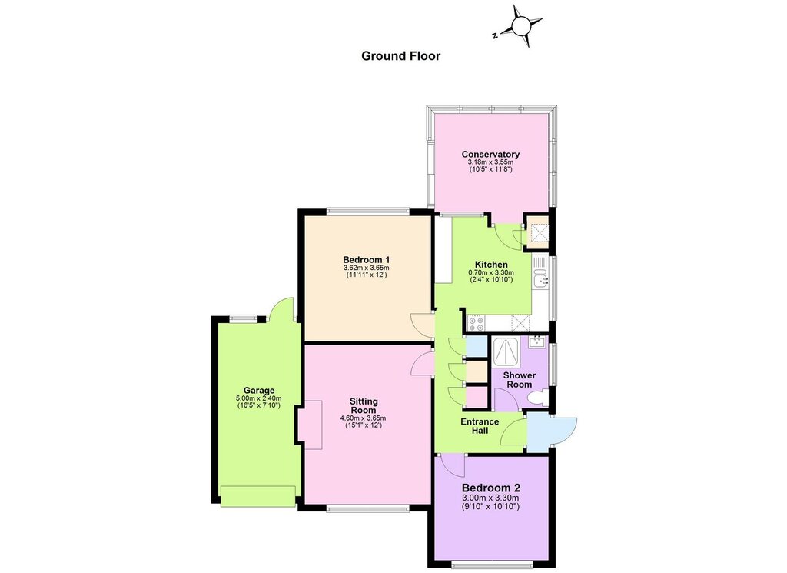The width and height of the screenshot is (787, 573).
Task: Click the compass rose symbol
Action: pos(520,25)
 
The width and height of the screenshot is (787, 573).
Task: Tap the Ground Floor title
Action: pos(400,55)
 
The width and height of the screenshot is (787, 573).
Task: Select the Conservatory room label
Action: pos(490,154)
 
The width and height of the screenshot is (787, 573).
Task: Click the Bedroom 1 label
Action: pos(367,260)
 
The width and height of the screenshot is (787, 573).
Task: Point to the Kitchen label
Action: pos(491,265)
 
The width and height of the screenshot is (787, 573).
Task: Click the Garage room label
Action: pos(259,390)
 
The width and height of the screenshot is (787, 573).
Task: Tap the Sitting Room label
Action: pos(364,406)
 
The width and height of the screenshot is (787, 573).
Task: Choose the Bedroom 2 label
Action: pos(491,488)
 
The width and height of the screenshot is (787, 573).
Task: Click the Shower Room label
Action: pos(520,380)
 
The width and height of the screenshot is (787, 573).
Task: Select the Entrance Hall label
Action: pos(480,426)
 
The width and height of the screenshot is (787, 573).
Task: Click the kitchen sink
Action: pos(540,278)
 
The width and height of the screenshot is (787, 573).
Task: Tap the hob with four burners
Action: pos(475,324)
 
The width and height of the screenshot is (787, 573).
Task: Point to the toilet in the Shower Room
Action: pos(537,398)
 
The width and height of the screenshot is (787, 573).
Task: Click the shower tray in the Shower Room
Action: pos(507,353)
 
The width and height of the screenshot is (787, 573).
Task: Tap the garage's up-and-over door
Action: pos(258,496)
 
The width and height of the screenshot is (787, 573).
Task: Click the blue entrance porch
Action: pos(545,431)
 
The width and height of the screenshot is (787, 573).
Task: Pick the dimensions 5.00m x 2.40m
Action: pos(259,398)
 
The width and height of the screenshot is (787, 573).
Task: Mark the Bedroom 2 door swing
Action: pos(453,466)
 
